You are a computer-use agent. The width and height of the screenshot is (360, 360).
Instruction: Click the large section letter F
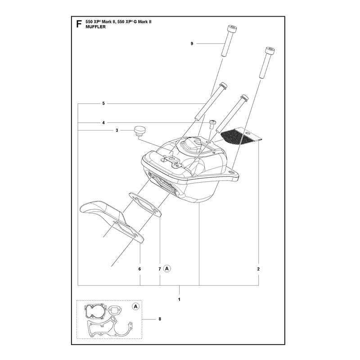coord(79,24)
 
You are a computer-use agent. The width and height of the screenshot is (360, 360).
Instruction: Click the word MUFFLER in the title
coord(95,27)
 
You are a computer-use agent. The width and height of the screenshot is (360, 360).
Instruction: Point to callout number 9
coord(192,43)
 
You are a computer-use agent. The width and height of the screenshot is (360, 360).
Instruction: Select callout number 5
coord(103,103)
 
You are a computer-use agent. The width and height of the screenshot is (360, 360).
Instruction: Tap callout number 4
coord(103,123)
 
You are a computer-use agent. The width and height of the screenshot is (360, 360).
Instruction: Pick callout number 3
coord(117,130)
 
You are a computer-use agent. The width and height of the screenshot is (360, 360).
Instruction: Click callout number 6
coord(139,269)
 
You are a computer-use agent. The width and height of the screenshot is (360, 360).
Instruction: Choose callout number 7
coord(160,269)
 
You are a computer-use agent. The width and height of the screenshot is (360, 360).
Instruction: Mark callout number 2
coord(258,269)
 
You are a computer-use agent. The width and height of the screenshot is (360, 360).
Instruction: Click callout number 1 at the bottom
coord(179,299)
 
